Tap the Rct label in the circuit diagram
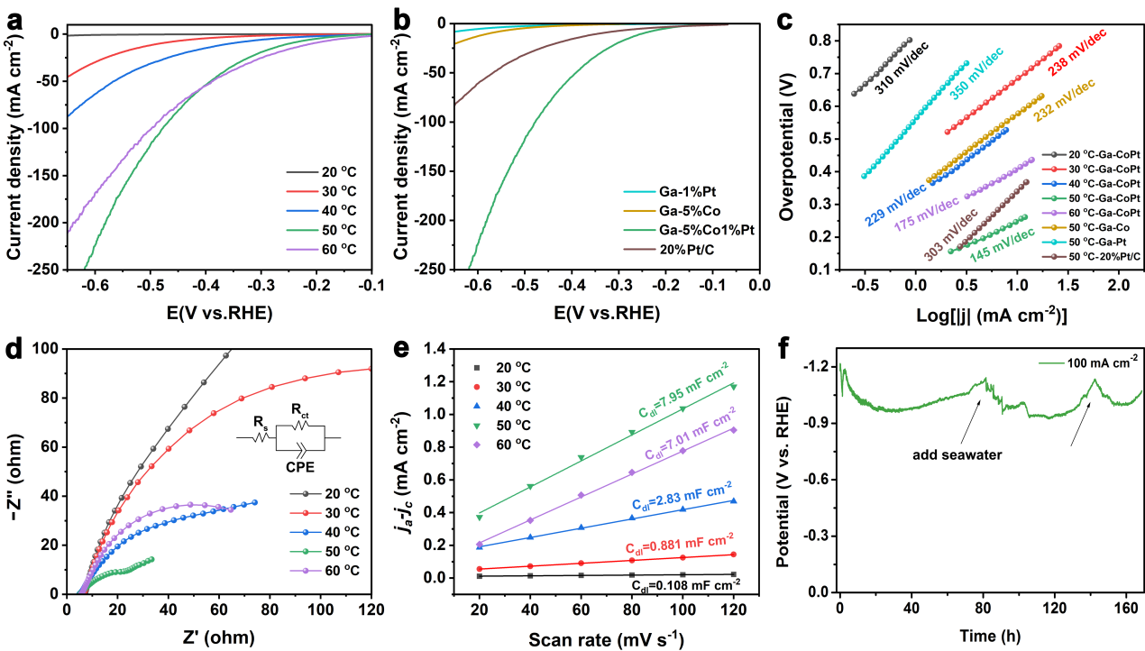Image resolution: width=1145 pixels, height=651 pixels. pyautogui.click(x=300, y=409)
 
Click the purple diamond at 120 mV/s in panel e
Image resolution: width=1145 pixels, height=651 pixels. pyautogui.click(x=734, y=429)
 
